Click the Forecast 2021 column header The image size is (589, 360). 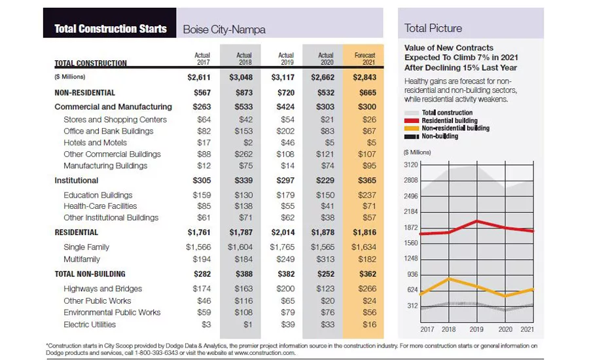pos(365,59)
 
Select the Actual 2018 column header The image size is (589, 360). pos(244,59)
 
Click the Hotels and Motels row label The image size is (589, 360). pos(95,143)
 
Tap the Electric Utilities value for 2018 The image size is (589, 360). pos(247,325)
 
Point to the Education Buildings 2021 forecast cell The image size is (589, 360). pos(366,196)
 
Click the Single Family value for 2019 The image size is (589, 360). pos(282,247)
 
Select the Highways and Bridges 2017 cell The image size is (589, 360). pos(202,289)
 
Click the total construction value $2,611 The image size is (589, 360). pos(199,77)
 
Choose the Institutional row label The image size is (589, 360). pos(77,181)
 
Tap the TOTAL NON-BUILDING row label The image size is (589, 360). pos(90,274)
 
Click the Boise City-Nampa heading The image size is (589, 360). pos(224,29)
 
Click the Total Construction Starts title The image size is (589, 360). pos(111,29)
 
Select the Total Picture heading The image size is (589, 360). pos(433,28)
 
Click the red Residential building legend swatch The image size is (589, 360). pos(412,120)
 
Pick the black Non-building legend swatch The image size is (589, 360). pos(412,136)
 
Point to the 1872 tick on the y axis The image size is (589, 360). pos(411,228)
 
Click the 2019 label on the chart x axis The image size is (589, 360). pos(476,329)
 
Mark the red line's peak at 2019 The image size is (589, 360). pos(477,221)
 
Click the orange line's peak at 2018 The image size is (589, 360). pos(448,279)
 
